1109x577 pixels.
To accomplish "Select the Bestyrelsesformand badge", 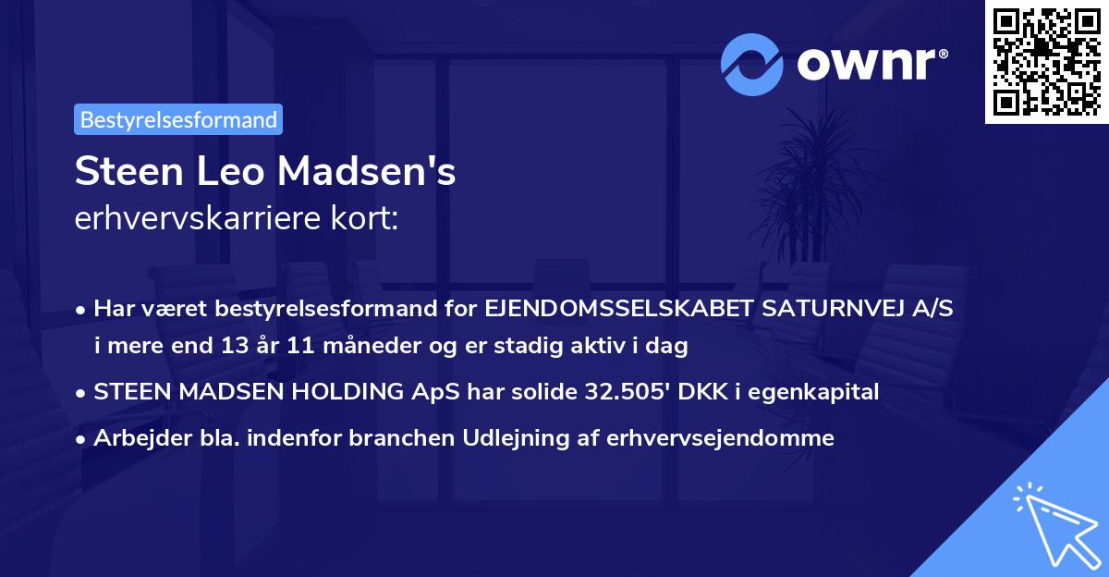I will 178,119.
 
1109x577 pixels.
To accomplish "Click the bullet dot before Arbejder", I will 81,439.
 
